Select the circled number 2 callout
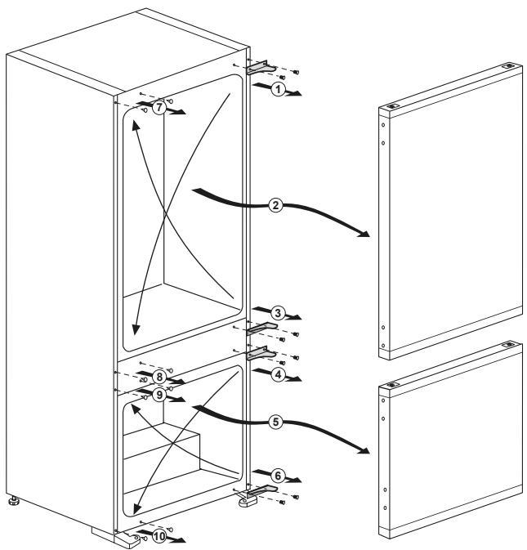coord(277,206)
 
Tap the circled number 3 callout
coord(277,313)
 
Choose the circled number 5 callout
coord(277,423)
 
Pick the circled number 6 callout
coord(277,475)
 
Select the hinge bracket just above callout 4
coord(262,353)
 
